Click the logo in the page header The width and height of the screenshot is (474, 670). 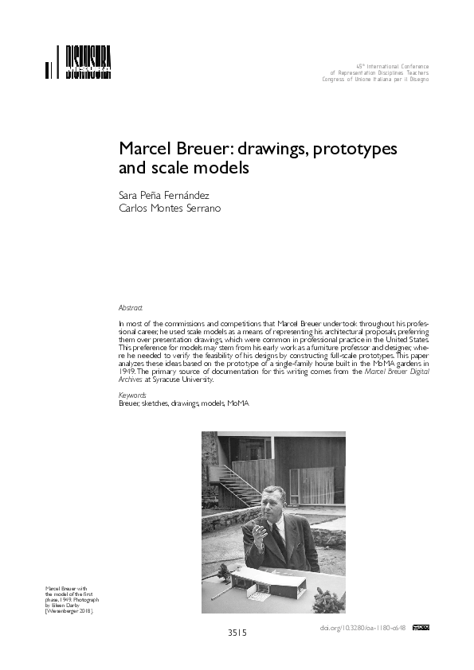pyautogui.click(x=78, y=64)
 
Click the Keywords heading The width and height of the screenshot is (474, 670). pyautogui.click(x=131, y=395)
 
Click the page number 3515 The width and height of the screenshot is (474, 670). pyautogui.click(x=237, y=633)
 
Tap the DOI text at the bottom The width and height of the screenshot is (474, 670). pyautogui.click(x=362, y=628)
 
